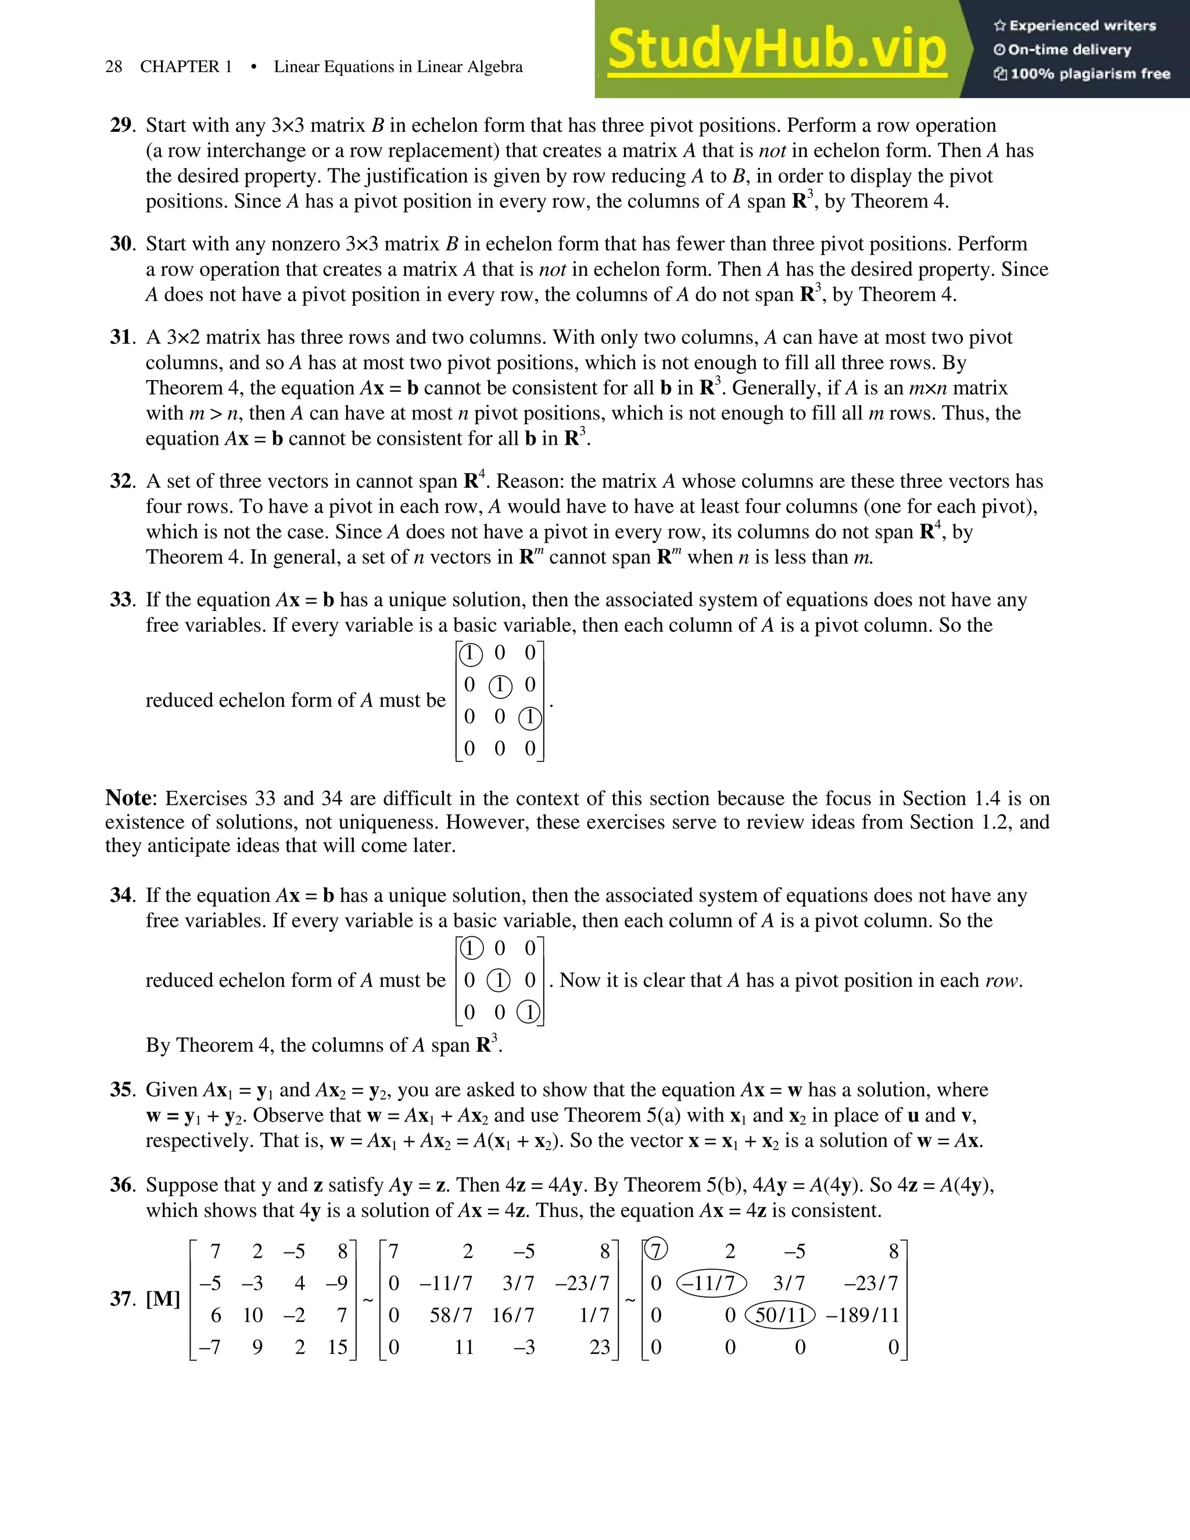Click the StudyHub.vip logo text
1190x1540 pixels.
pyautogui.click(x=776, y=49)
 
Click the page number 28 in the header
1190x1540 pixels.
pyautogui.click(x=113, y=67)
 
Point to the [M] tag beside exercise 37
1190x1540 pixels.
pyautogui.click(x=163, y=1298)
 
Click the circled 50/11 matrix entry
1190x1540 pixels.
pyautogui.click(x=780, y=1315)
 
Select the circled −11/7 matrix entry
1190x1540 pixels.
pyautogui.click(x=712, y=1283)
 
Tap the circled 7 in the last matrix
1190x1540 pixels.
pyautogui.click(x=655, y=1251)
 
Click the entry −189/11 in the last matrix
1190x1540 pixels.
pyautogui.click(x=863, y=1315)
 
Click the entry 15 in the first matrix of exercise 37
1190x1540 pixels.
pyautogui.click(x=338, y=1348)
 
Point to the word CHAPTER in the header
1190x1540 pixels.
pyautogui.click(x=180, y=67)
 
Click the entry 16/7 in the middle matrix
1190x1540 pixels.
pyautogui.click(x=513, y=1315)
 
